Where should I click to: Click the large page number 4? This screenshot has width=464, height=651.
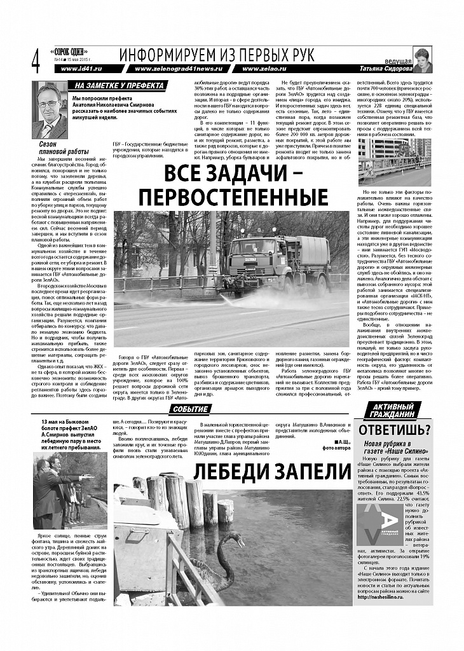(x=35, y=62)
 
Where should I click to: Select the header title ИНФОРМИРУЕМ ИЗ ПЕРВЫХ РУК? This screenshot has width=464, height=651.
(x=216, y=55)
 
